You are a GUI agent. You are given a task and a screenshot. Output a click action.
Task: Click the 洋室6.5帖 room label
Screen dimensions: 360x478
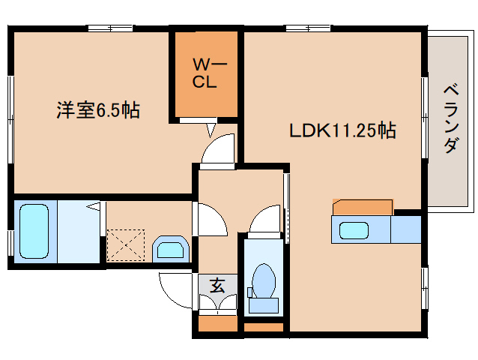(x=97, y=111)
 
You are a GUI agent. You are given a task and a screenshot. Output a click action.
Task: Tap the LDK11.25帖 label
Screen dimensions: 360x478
(x=343, y=130)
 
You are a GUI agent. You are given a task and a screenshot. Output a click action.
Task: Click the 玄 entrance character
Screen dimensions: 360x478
(x=217, y=285)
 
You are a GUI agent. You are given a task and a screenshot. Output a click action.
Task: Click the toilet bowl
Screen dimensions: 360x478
(x=263, y=282)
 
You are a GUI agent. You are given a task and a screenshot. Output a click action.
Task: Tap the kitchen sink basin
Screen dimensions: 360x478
(x=353, y=231)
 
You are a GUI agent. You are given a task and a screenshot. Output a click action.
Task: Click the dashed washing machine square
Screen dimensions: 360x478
(x=124, y=244)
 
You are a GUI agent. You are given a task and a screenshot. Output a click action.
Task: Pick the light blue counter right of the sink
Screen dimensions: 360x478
(x=405, y=230)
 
